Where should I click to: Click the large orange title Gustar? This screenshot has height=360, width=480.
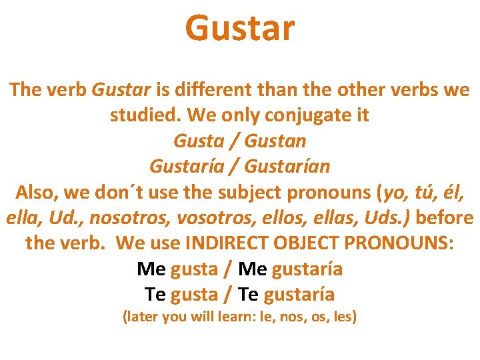point(239,29)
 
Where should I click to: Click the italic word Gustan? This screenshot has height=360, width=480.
point(275,141)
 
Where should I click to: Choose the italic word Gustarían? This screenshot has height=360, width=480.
point(287,167)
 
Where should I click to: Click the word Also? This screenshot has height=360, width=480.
point(38,193)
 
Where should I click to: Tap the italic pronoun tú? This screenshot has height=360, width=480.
point(425,193)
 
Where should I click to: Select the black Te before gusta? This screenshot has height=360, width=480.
point(155,295)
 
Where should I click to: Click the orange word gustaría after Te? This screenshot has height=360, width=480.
point(299,295)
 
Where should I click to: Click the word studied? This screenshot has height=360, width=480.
point(145,115)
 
